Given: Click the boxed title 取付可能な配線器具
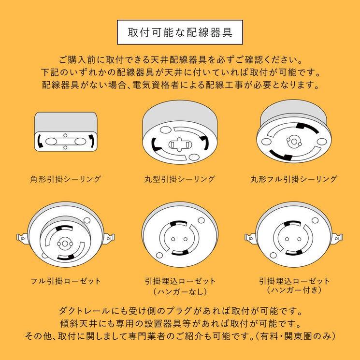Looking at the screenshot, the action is click(180, 32).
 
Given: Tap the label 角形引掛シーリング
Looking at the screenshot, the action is click(65, 179).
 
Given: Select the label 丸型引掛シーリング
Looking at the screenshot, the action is click(180, 179).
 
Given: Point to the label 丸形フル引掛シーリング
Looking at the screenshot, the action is click(294, 179).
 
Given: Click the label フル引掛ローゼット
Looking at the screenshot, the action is click(66, 281).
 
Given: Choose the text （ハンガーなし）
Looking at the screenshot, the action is click(180, 291).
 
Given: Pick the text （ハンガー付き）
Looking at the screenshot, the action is click(294, 290).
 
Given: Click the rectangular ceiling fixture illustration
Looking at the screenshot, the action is click(66, 131).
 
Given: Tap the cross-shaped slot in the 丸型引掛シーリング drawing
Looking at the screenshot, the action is click(180, 144).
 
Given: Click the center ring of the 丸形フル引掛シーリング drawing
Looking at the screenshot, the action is click(294, 142).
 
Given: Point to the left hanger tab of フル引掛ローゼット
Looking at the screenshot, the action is click(22, 238).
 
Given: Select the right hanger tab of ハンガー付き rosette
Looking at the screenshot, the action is click(338, 238).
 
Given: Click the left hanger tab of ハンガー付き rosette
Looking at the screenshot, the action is click(250, 238).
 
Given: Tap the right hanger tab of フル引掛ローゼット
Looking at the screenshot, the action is click(109, 238).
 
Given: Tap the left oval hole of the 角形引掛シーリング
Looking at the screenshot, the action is click(51, 141).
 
